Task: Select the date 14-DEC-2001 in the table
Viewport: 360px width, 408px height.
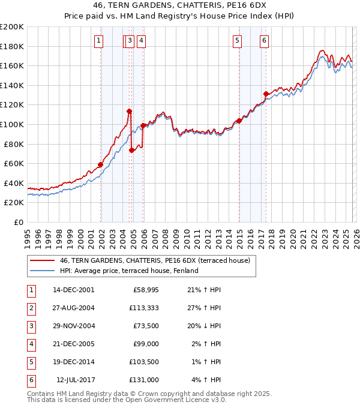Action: coord(73,290)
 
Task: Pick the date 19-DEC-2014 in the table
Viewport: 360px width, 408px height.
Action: coord(73,362)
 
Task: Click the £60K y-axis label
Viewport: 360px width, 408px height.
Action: coord(14,163)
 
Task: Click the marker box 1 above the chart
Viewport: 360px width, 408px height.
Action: coord(98,41)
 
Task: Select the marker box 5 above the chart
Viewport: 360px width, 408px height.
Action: coord(238,41)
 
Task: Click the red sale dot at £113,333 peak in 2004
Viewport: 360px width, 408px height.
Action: coord(129,111)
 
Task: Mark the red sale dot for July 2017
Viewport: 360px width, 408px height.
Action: coord(265,94)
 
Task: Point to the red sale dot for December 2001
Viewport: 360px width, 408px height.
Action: coord(101,164)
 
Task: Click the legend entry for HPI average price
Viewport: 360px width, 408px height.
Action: coord(128,271)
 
